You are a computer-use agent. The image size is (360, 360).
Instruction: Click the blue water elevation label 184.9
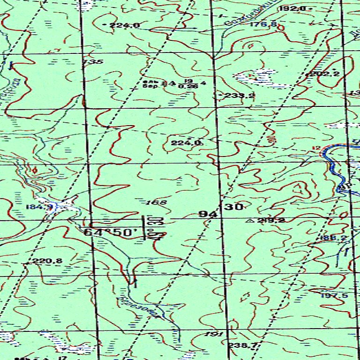[39, 207]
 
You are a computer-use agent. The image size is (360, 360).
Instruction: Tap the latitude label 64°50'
[111, 232]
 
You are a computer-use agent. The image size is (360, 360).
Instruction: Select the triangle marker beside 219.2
[248, 220]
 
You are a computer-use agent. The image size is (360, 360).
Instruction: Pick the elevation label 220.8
[40, 261]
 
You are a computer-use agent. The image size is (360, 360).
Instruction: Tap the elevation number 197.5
[334, 295]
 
